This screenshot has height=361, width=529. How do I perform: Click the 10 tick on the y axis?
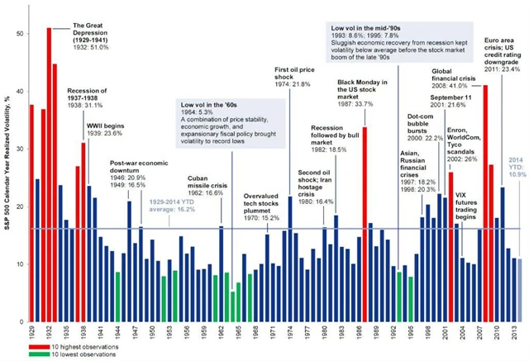click(21, 264)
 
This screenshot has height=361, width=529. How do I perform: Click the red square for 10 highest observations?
click(31, 344)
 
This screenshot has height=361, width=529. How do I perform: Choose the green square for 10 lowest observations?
click(31, 354)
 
